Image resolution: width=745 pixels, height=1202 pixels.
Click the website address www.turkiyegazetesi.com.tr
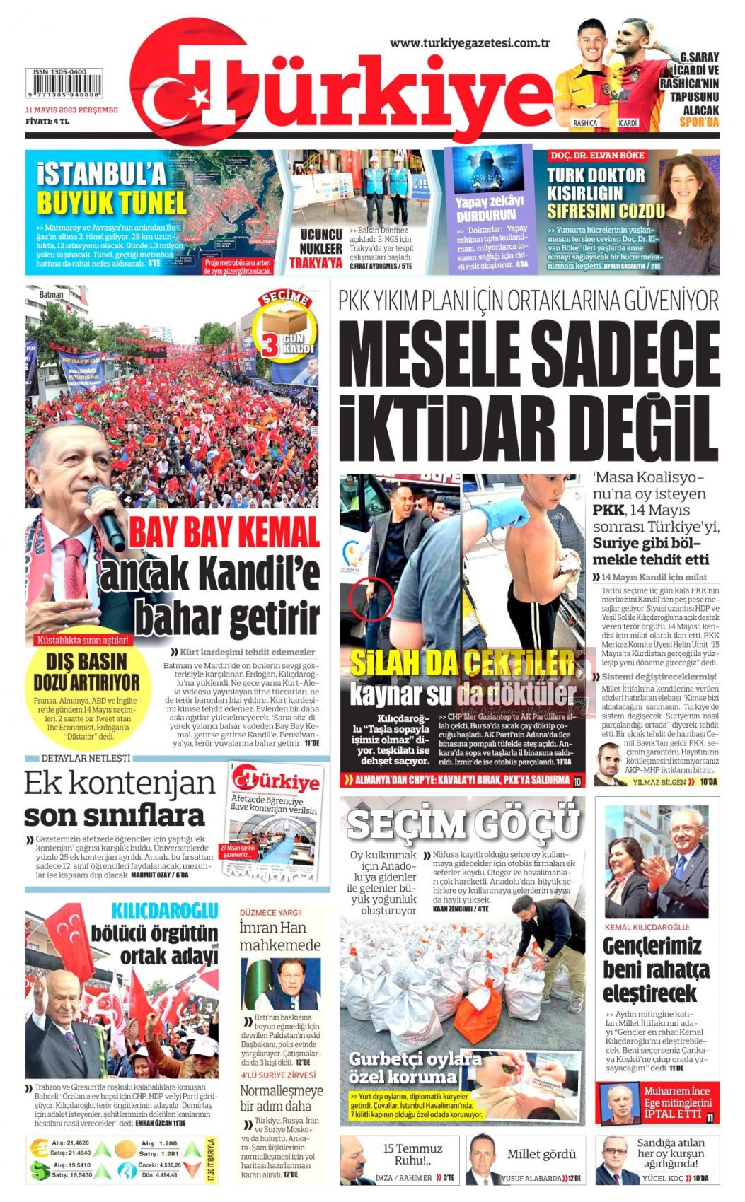[x=470, y=42]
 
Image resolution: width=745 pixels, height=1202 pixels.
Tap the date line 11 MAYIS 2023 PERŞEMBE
[x=71, y=110]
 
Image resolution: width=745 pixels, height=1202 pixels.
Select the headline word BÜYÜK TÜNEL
[x=111, y=203]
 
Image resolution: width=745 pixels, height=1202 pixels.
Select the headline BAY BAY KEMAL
[x=224, y=532]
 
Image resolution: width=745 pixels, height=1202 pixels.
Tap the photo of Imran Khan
[x=280, y=984]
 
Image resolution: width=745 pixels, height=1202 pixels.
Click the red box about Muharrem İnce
[x=657, y=1102]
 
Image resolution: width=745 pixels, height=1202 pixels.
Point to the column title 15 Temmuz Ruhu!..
[x=412, y=1154]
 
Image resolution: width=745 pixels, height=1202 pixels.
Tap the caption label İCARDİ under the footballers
[x=628, y=123]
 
